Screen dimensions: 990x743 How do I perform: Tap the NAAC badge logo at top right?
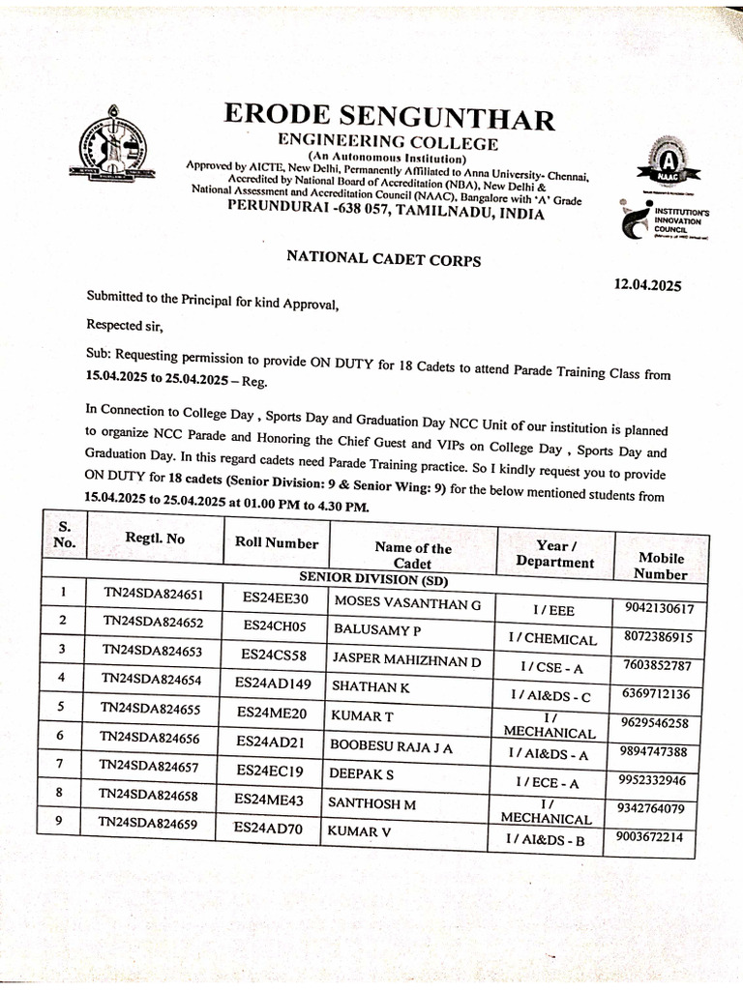[x=664, y=164]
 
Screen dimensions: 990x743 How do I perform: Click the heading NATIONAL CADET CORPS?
[x=383, y=258]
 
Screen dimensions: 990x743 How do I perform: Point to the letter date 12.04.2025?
[x=647, y=284]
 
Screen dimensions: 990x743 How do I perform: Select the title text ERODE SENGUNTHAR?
[x=390, y=118]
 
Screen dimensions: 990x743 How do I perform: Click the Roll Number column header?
[x=277, y=543]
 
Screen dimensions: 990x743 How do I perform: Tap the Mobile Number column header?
[x=661, y=566]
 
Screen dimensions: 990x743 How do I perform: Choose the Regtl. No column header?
[x=155, y=539]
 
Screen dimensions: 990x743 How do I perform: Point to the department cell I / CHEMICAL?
[x=552, y=639]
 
